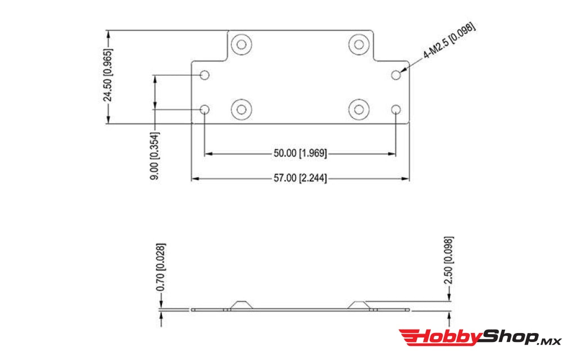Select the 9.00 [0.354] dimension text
pyautogui.click(x=154, y=156)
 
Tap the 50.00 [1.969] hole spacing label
pyautogui.click(x=300, y=153)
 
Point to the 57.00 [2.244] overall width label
pyautogui.click(x=300, y=178)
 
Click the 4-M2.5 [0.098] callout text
pyautogui.click(x=449, y=42)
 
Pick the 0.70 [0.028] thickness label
pyautogui.click(x=162, y=267)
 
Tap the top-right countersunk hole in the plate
pyautogui.click(x=358, y=43)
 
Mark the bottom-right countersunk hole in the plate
pyautogui.click(x=358, y=109)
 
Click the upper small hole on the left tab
pyautogui.click(x=205, y=75)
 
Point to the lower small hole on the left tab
pyautogui.click(x=205, y=109)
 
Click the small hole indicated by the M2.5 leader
pyautogui.click(x=397, y=75)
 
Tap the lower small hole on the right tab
pyautogui.click(x=397, y=109)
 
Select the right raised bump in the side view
pyautogui.click(x=358, y=304)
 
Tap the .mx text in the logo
pyautogui.click(x=550, y=340)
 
